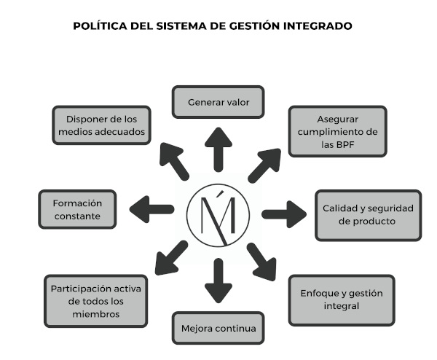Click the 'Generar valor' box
(x=218, y=102)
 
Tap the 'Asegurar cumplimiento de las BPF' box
(x=338, y=131)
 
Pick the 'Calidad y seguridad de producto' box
(x=368, y=214)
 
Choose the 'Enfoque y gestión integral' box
(x=341, y=300)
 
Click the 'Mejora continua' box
(x=218, y=328)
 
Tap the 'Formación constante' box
(x=76, y=209)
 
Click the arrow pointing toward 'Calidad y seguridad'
(x=284, y=214)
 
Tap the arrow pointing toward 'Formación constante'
(x=151, y=209)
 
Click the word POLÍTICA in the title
(x=101, y=26)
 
